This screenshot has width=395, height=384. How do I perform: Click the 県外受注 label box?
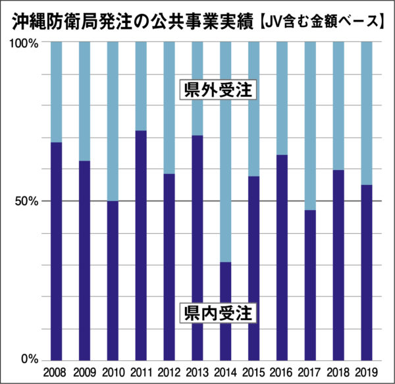coord(219,91)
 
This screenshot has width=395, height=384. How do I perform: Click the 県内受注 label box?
coord(219,312)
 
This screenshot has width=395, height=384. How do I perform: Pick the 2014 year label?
coord(226,372)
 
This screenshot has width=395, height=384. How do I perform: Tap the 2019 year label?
coord(367,372)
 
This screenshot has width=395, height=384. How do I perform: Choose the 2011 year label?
coord(141,372)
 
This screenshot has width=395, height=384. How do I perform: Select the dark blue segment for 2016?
coord(282,257)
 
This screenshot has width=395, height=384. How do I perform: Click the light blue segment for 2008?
coord(56,92)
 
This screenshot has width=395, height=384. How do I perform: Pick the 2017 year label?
coord(310,372)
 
